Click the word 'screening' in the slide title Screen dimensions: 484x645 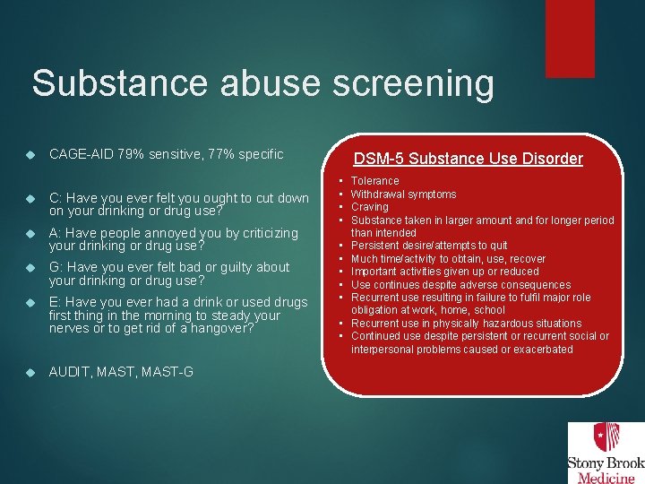tap(413, 83)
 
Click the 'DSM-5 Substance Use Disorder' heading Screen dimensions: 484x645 tap(468, 159)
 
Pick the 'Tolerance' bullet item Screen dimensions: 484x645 tap(374, 181)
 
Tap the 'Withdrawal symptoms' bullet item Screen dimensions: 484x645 tap(403, 194)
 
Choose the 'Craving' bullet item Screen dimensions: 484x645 tap(369, 207)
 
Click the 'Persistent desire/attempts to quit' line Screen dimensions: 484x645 tap(429, 246)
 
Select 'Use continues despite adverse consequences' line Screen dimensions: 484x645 tap(460, 284)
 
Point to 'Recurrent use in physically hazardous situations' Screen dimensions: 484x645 tap(466, 323)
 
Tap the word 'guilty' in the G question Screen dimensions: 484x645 tap(243, 267)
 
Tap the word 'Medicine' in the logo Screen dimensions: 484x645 tap(606, 477)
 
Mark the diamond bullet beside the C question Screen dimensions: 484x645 tap(30, 199)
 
